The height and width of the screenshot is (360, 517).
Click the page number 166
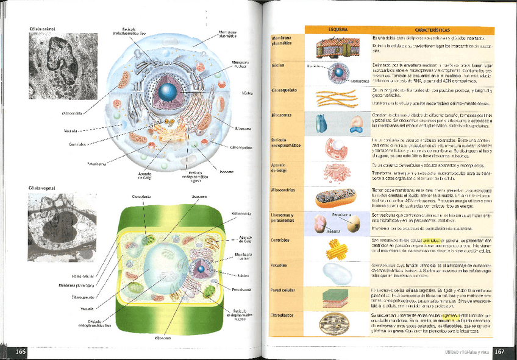click(x=20, y=351)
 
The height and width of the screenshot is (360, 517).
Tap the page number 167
click(x=499, y=351)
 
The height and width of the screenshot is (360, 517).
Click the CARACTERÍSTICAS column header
click(x=432, y=30)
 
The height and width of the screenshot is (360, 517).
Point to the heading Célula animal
click(x=41, y=29)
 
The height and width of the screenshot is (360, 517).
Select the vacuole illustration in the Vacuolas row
click(x=337, y=273)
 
